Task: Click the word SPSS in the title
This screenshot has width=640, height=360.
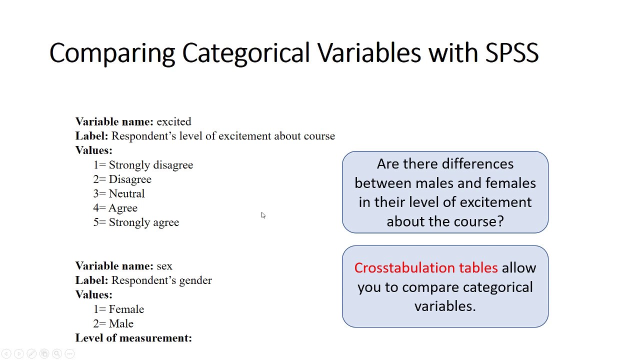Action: click(511, 52)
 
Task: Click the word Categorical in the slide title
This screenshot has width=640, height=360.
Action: click(246, 52)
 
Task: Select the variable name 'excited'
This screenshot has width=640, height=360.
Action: click(173, 121)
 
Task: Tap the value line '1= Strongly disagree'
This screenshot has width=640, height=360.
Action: click(143, 165)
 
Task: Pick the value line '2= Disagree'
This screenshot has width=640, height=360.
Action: click(122, 179)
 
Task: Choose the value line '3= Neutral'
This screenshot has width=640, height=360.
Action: click(119, 193)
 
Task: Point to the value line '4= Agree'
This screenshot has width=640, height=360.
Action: click(115, 208)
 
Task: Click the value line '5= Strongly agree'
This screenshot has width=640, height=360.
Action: click(136, 222)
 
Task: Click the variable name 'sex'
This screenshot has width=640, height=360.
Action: click(164, 266)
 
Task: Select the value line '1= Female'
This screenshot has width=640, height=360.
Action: click(118, 309)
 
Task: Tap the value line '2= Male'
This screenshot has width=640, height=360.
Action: click(113, 324)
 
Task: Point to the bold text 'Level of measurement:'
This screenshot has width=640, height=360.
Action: click(133, 338)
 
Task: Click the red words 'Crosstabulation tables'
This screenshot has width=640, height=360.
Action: click(426, 268)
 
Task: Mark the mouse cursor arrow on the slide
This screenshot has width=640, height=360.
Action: click(263, 215)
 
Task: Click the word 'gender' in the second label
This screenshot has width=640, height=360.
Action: click(195, 280)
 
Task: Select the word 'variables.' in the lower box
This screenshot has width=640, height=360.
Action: click(445, 306)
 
